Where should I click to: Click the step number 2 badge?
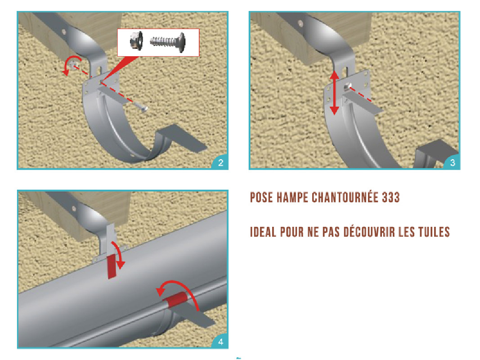[221, 162]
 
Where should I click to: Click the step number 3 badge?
[453, 162]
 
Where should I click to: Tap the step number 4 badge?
[221, 342]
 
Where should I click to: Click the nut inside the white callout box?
[136, 40]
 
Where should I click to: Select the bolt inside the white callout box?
[168, 42]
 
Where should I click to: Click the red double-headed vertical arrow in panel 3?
[334, 92]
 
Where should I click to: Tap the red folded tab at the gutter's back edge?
[112, 265]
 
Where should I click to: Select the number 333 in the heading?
[390, 198]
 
